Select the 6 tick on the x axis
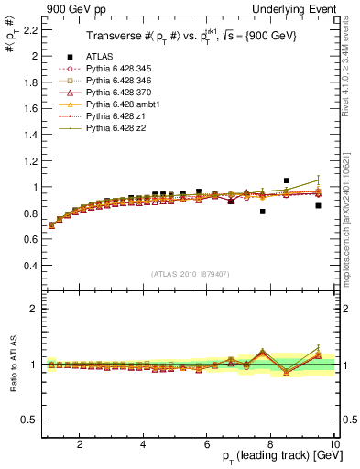(x=207, y=444)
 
